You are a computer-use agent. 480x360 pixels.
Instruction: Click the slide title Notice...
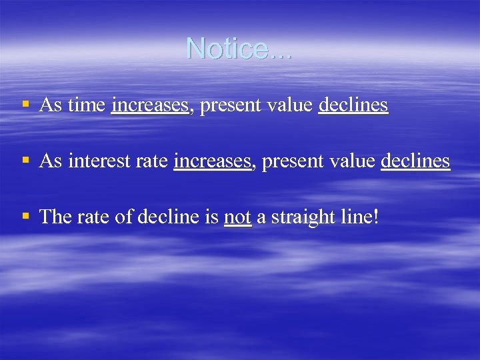click(239, 48)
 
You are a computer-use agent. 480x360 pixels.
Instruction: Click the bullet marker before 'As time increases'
click(25, 104)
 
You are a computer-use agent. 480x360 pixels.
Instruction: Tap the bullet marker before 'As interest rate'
click(25, 160)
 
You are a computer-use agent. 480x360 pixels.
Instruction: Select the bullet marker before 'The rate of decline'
click(25, 215)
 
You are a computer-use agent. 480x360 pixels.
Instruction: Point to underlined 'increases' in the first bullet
click(151, 105)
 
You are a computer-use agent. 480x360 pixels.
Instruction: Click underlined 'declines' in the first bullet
click(353, 105)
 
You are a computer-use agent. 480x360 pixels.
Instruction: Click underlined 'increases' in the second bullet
click(213, 161)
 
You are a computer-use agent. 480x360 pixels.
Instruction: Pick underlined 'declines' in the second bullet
click(415, 161)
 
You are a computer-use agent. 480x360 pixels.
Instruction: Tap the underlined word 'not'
click(238, 217)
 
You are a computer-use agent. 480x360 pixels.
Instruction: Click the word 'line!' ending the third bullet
click(361, 217)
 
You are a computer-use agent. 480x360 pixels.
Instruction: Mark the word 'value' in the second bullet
click(352, 161)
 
